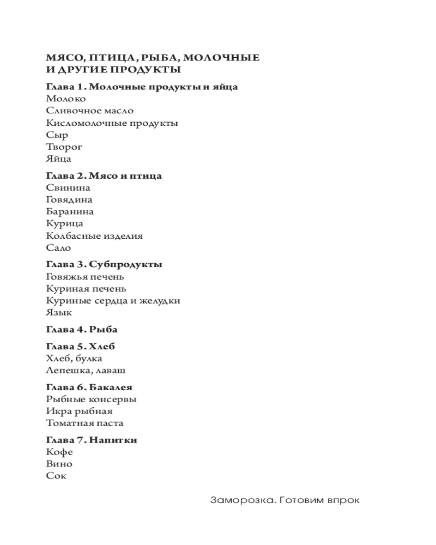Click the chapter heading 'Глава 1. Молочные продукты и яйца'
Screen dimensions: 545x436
[x=142, y=87]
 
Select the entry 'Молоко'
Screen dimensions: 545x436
[x=66, y=99]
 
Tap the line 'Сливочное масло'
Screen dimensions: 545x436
[x=90, y=111]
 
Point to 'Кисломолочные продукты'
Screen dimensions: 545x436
[x=112, y=123]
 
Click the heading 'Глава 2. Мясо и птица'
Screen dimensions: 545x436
[x=104, y=175]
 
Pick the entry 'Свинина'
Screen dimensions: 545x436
[x=68, y=187]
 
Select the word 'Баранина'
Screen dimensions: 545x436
[x=70, y=211]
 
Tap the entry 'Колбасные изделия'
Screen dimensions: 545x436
[x=94, y=236]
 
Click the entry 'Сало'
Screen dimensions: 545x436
[x=59, y=248]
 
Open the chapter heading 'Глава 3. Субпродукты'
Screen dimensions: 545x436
[x=104, y=264]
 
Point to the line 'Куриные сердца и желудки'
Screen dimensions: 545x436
[x=113, y=301]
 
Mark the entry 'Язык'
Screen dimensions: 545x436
[x=59, y=313]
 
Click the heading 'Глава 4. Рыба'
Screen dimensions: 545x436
[x=82, y=329]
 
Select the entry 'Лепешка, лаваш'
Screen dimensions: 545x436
[x=86, y=371]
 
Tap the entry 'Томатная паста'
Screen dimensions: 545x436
[x=85, y=423]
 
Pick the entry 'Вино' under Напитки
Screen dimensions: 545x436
[x=59, y=464]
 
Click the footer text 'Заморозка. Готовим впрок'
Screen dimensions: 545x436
[x=285, y=500]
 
